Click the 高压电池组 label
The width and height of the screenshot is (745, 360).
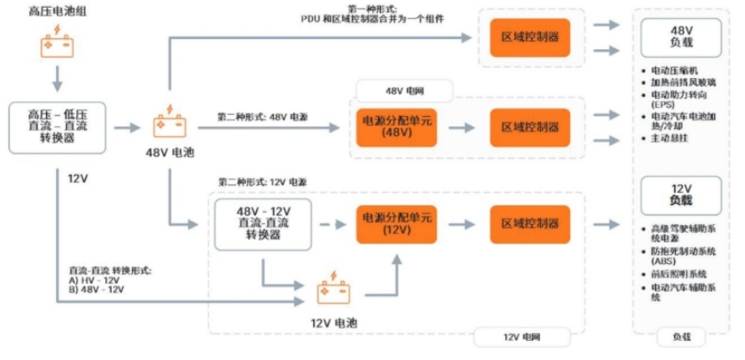[x=58, y=10]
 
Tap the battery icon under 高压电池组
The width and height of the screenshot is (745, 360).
[x=58, y=44]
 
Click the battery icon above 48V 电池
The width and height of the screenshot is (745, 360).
[x=169, y=123]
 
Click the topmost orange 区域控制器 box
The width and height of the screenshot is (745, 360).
[x=530, y=37]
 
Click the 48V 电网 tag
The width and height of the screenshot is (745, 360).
[x=405, y=91]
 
